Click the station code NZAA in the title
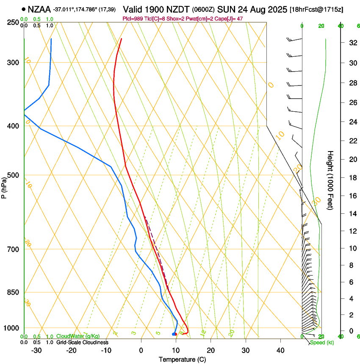point(40,9)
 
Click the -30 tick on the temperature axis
point(36,350)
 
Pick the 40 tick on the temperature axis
point(280,350)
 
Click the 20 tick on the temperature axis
point(210,350)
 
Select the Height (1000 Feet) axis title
point(331,180)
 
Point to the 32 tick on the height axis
point(352,43)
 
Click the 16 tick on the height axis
point(352,196)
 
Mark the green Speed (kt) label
point(322,342)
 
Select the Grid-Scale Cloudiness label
point(82,342)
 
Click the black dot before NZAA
point(23,9)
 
